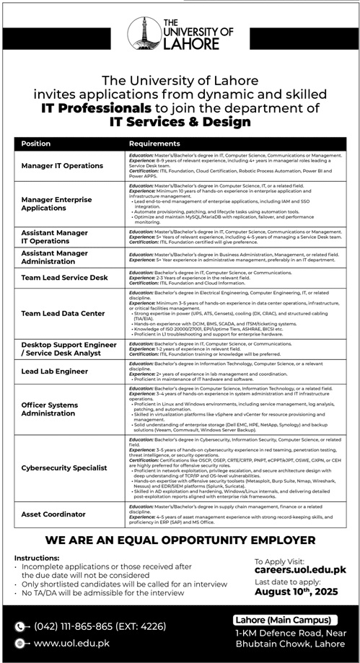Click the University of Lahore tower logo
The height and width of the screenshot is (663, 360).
142,33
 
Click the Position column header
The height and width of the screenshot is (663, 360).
36,144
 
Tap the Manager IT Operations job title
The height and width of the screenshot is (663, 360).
62,166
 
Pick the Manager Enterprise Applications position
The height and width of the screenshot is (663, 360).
58,203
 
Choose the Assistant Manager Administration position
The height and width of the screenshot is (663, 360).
55,258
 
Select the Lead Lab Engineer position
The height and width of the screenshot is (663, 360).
56,370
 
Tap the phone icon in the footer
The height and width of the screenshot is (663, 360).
19,627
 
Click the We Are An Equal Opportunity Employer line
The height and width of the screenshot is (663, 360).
180,540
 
